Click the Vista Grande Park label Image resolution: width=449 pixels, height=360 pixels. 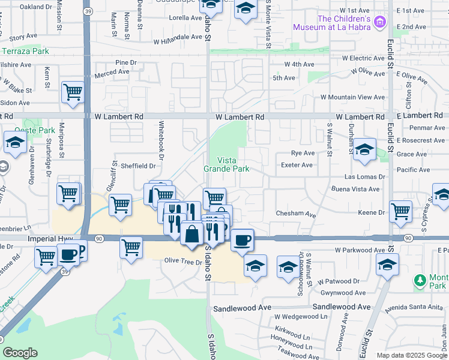[x=233, y=164]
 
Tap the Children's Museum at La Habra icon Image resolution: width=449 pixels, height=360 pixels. [x=379, y=23]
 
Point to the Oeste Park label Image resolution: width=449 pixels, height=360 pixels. [x=38, y=130]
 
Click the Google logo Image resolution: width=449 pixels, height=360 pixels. [x=20, y=353]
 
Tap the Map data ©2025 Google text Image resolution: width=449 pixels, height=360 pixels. [x=412, y=355]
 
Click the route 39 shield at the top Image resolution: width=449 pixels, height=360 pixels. [x=88, y=11]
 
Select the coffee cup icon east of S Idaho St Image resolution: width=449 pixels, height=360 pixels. [x=242, y=239]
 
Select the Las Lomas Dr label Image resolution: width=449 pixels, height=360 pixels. [x=364, y=177]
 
